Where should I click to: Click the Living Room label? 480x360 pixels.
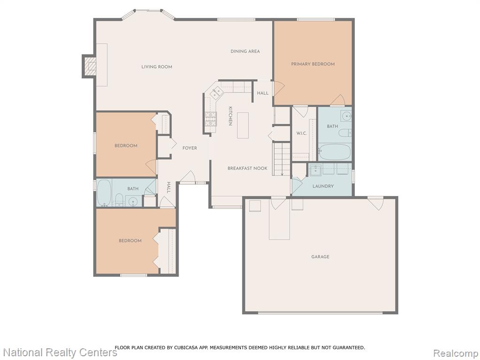click(x=157, y=67)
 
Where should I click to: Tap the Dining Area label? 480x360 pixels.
click(x=245, y=52)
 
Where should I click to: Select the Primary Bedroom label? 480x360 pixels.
click(x=313, y=64)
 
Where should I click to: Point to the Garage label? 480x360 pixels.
click(x=321, y=257)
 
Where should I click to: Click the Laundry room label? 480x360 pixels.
click(x=323, y=186)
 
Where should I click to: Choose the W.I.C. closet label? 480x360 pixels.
click(x=301, y=134)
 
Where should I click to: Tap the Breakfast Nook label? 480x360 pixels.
click(x=247, y=168)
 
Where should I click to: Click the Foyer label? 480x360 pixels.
click(x=190, y=148)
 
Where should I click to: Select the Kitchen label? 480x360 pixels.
click(x=231, y=116)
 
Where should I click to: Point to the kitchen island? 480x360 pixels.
click(x=243, y=126)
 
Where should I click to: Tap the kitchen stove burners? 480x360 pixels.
click(x=210, y=119)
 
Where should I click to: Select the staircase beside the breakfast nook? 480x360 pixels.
click(x=281, y=159)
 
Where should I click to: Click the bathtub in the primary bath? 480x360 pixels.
click(x=335, y=152)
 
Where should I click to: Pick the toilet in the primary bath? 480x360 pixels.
click(x=345, y=133)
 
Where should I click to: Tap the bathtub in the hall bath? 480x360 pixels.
click(x=104, y=193)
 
